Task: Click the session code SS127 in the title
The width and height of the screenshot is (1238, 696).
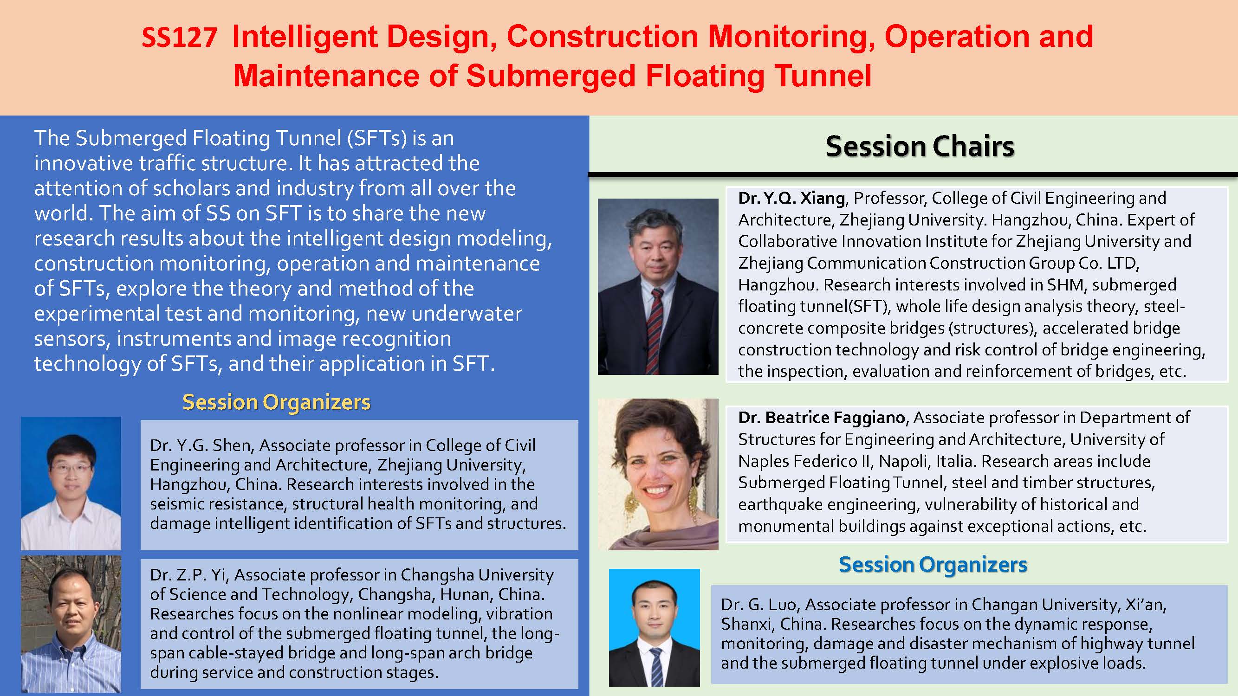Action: click(179, 38)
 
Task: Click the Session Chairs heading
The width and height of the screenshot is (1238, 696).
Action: click(920, 146)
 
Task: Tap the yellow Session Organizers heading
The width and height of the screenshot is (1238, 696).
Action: click(276, 402)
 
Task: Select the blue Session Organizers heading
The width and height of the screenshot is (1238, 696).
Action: click(933, 564)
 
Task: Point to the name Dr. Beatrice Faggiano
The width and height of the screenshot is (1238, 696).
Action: click(821, 418)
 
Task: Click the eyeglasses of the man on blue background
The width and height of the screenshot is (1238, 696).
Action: click(71, 467)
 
